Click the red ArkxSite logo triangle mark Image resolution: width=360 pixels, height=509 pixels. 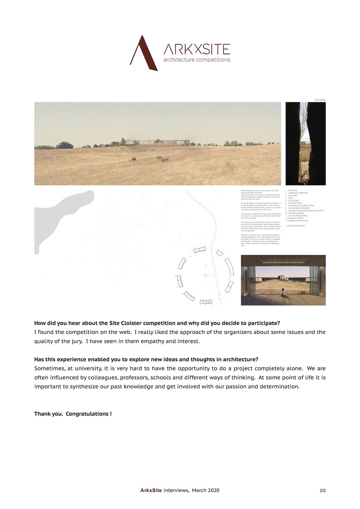point(143,54)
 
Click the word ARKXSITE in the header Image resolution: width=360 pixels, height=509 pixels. point(197,49)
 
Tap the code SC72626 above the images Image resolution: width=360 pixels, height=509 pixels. point(320,100)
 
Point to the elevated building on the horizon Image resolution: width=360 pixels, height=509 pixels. point(158,143)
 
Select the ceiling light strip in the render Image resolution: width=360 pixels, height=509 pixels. point(283,262)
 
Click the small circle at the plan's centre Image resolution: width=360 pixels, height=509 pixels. point(205,276)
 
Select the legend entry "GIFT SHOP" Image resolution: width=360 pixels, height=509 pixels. point(292,195)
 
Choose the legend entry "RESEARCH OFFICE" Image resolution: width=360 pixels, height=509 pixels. point(296,218)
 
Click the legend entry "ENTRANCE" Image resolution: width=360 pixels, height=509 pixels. point(292,190)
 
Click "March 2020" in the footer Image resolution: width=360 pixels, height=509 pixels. point(205,490)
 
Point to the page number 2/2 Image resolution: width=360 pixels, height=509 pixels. point(323,490)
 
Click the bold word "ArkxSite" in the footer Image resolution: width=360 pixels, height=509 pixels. point(151,490)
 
